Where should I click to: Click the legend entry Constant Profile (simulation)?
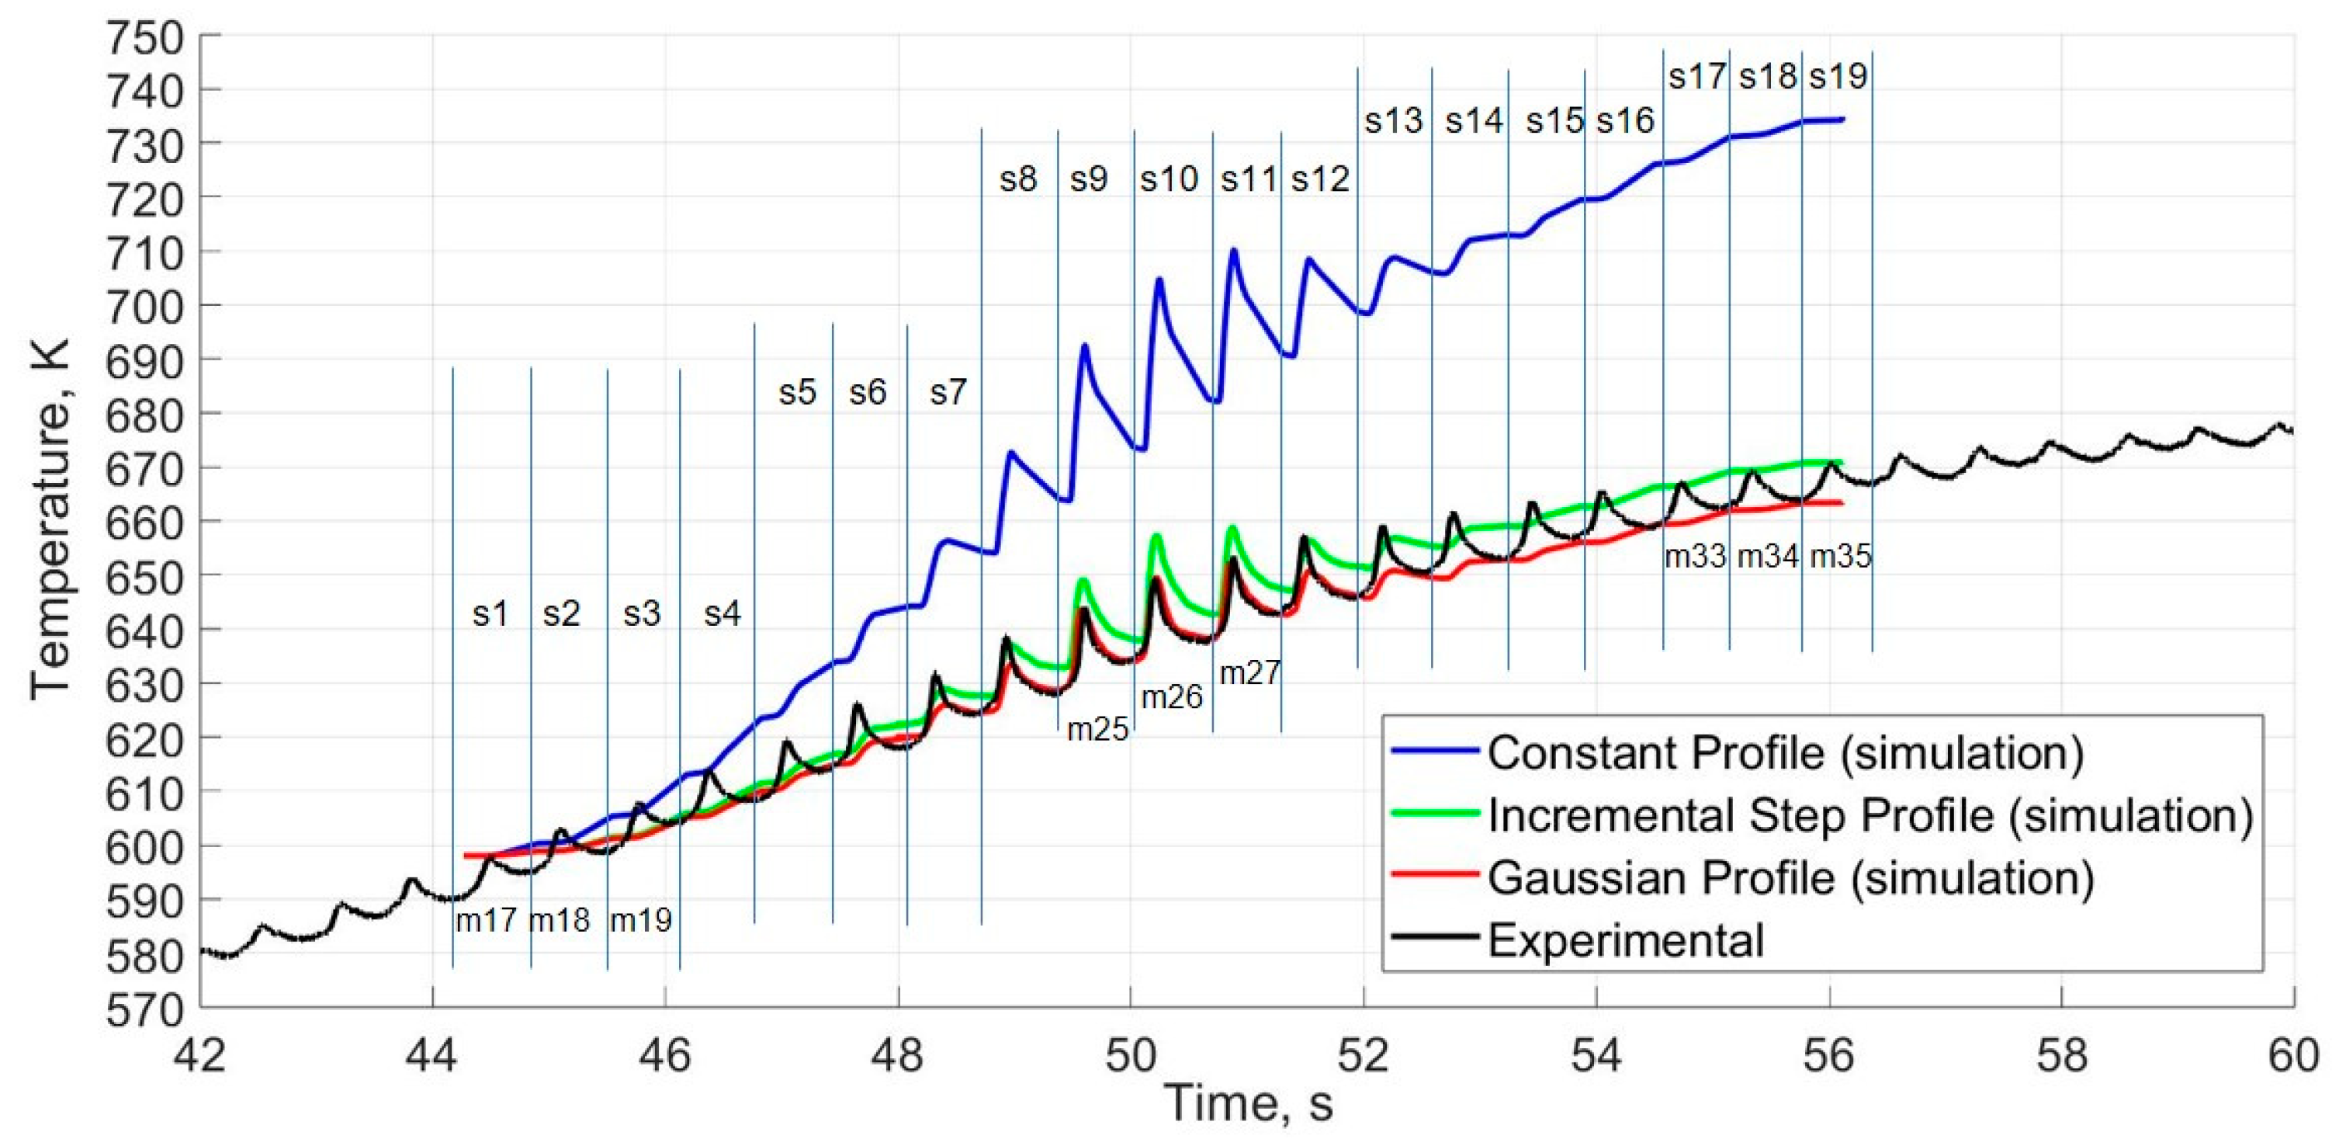click(x=1785, y=753)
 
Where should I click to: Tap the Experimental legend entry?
click(x=1625, y=940)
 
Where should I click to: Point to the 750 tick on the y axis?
click(x=145, y=38)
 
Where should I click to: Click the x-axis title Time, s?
click(x=1249, y=1104)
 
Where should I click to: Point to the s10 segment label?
click(x=1169, y=180)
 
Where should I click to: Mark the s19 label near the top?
click(x=1838, y=76)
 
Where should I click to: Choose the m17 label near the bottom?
click(x=486, y=921)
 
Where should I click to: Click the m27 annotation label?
click(x=1249, y=673)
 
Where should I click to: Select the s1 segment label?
click(x=490, y=615)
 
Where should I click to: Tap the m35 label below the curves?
click(x=1841, y=557)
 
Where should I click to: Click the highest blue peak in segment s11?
click(x=1233, y=250)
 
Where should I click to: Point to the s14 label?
click(x=1474, y=121)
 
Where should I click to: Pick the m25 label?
click(x=1097, y=729)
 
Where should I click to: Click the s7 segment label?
click(x=948, y=393)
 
